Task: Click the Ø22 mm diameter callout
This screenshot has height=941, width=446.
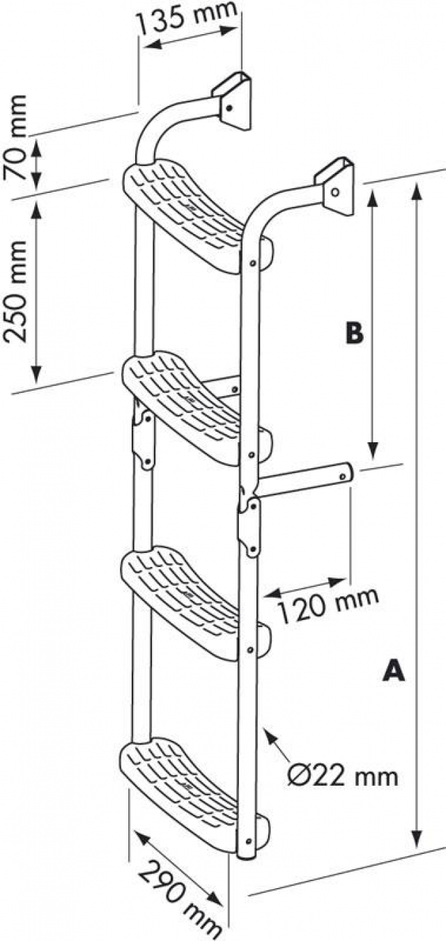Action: [343, 775]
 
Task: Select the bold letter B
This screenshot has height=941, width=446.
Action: [355, 333]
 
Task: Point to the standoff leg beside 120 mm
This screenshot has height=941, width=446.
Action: [307, 481]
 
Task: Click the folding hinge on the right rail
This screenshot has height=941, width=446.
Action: [249, 526]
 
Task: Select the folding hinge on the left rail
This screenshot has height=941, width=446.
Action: [144, 439]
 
